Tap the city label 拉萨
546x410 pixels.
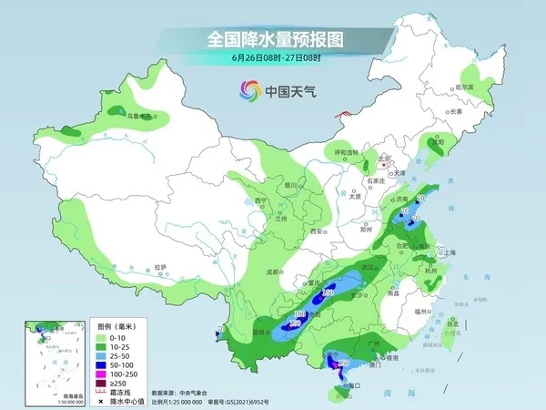tap(161, 266)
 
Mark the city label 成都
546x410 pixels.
tap(276, 272)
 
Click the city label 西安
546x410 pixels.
tap(317, 231)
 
